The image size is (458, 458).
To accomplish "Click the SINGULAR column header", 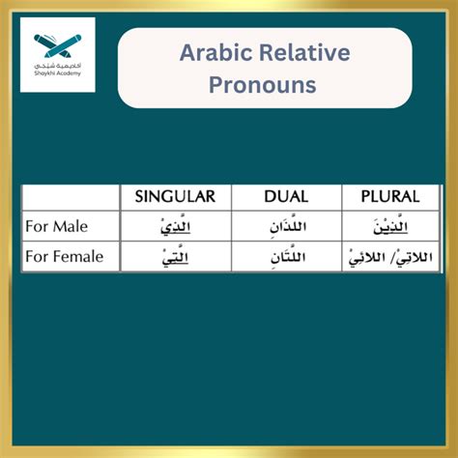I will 175,196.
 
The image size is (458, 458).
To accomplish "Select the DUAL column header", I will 286,196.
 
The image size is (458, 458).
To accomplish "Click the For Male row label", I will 57,227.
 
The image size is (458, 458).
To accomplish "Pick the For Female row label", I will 64,257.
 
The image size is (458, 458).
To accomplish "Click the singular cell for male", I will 175,227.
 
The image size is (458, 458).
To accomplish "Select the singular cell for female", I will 175,257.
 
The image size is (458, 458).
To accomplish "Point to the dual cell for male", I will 287,227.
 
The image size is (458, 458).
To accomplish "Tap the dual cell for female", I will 287,257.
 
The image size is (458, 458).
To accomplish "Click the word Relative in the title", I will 311,53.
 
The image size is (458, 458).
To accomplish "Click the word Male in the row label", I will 70,227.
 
